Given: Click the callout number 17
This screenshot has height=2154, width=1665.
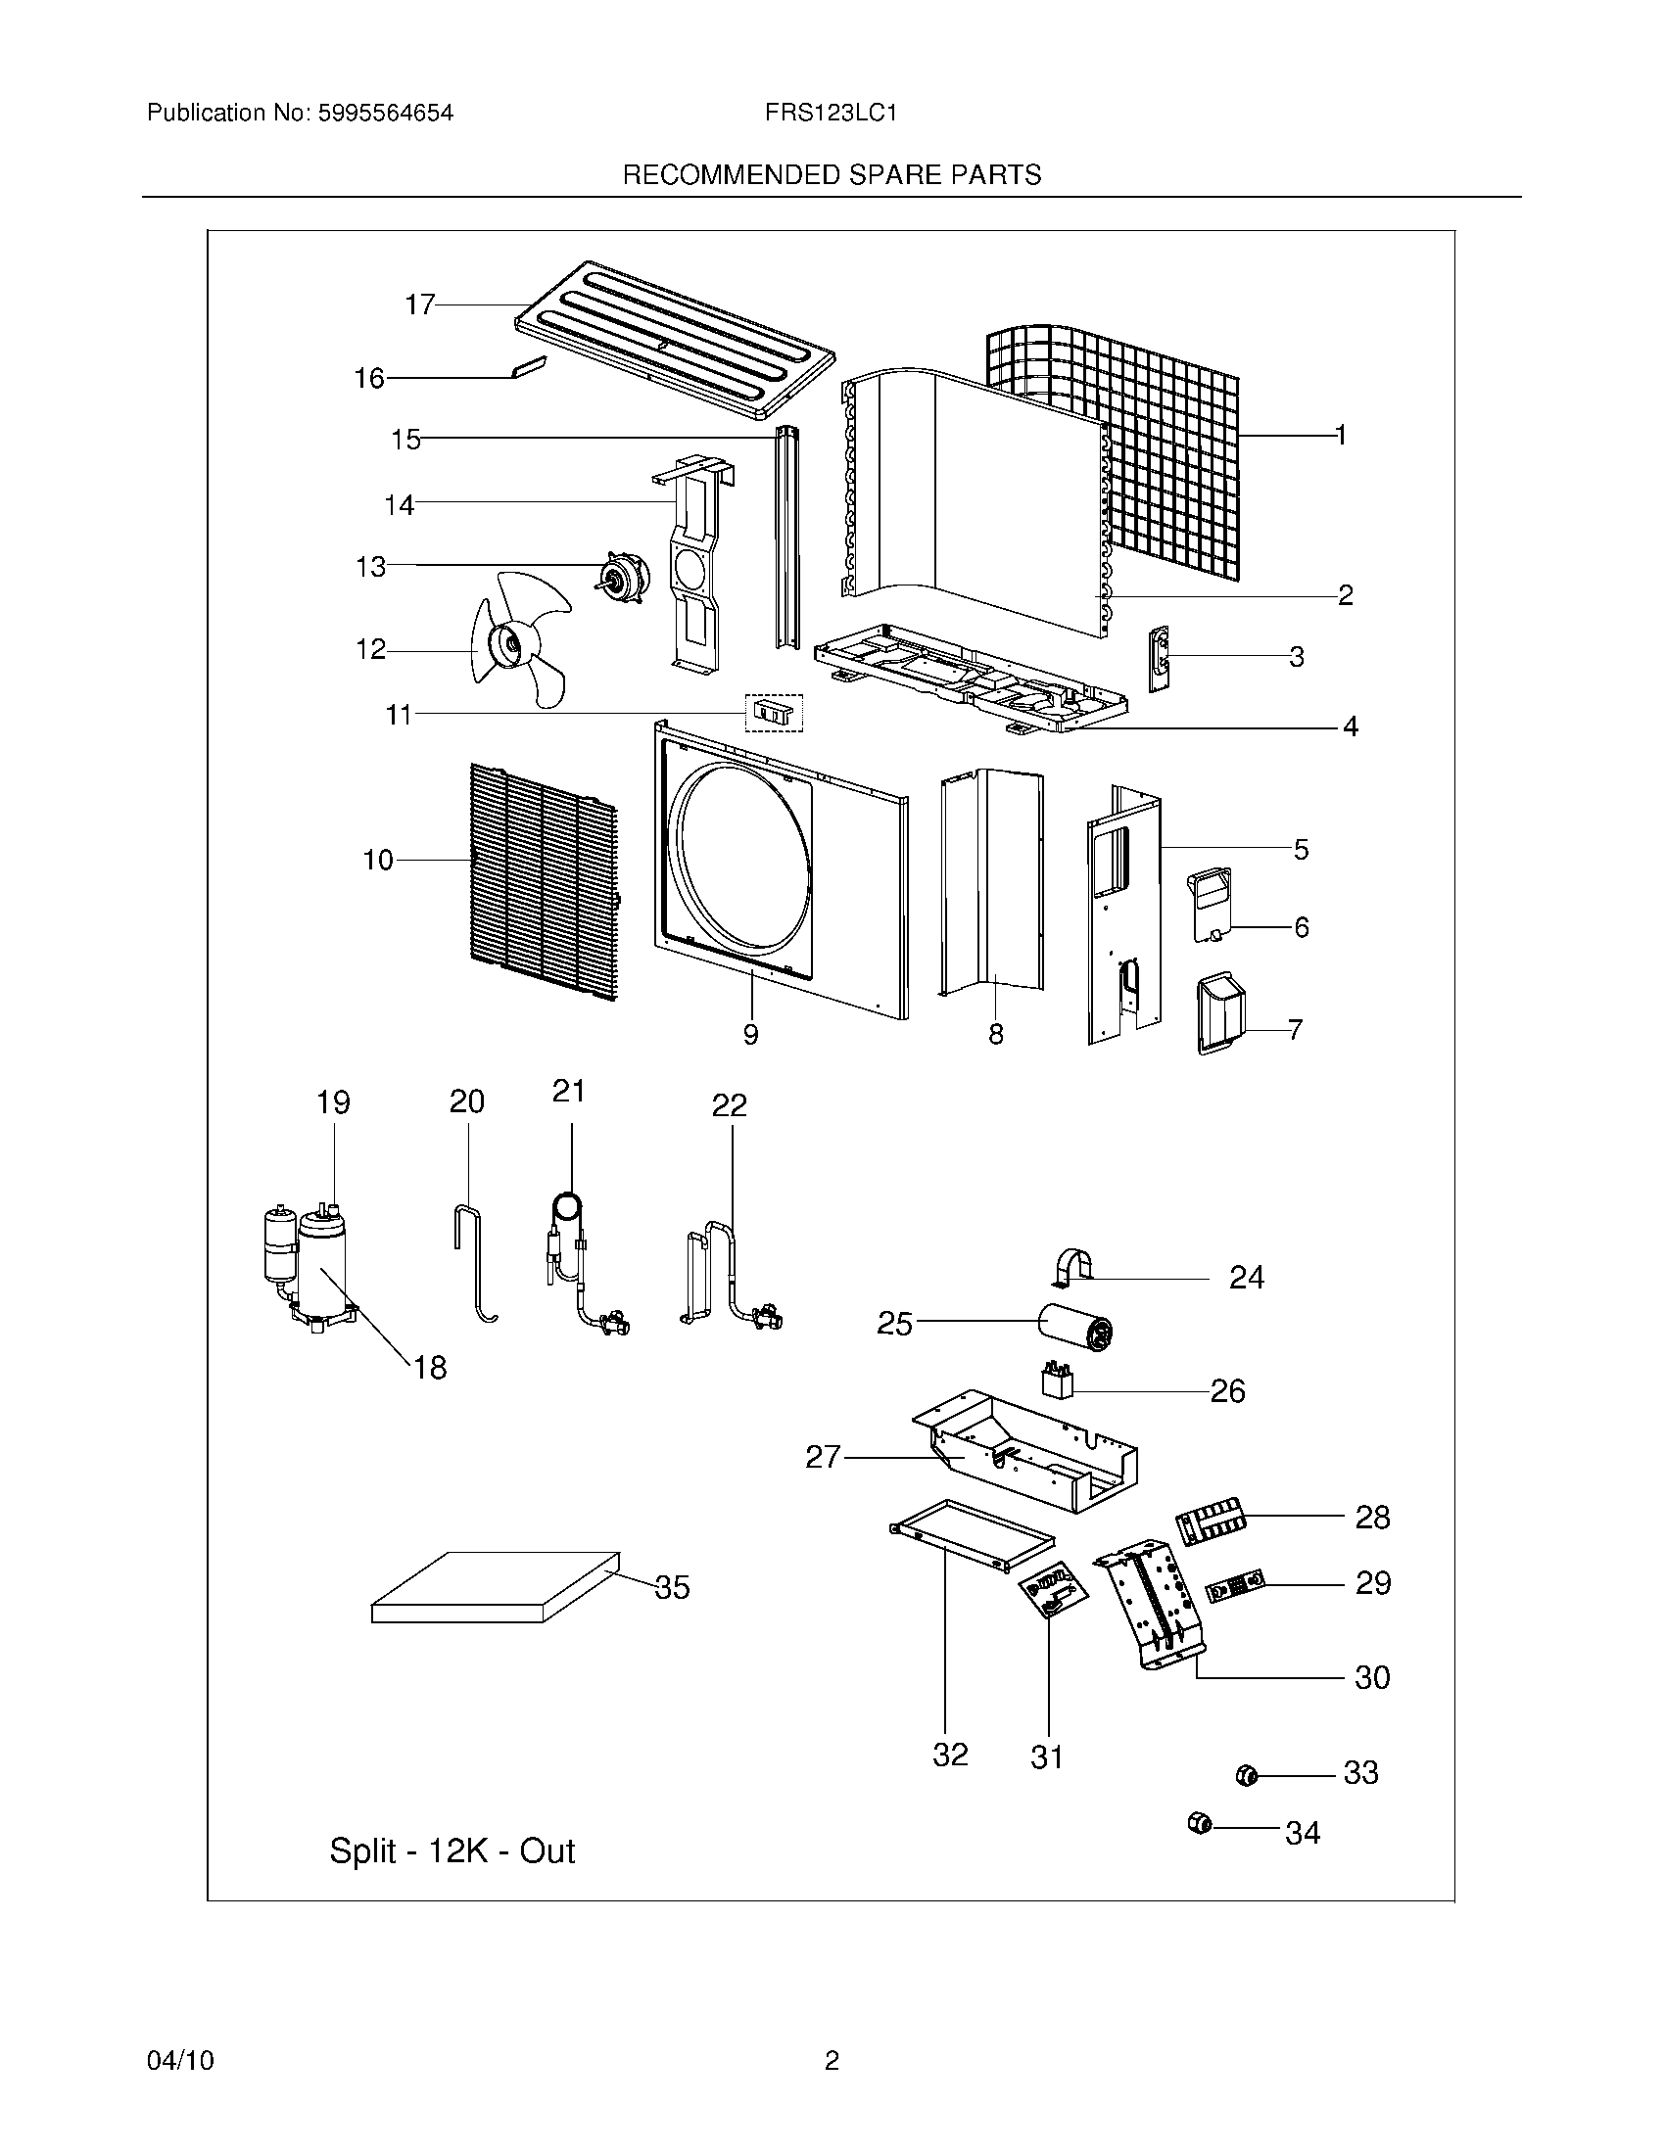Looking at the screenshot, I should [x=420, y=304].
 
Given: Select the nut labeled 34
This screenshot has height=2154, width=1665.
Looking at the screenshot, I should [x=1200, y=1824].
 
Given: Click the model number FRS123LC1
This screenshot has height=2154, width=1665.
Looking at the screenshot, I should [x=831, y=114].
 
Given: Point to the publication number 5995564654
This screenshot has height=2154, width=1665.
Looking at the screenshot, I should [x=385, y=114].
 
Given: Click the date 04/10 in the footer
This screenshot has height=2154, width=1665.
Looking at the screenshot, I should [x=180, y=2060].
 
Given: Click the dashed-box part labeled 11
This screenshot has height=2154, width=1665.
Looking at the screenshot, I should [x=774, y=712].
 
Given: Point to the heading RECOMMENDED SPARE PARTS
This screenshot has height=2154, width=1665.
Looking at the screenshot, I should [x=832, y=175].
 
